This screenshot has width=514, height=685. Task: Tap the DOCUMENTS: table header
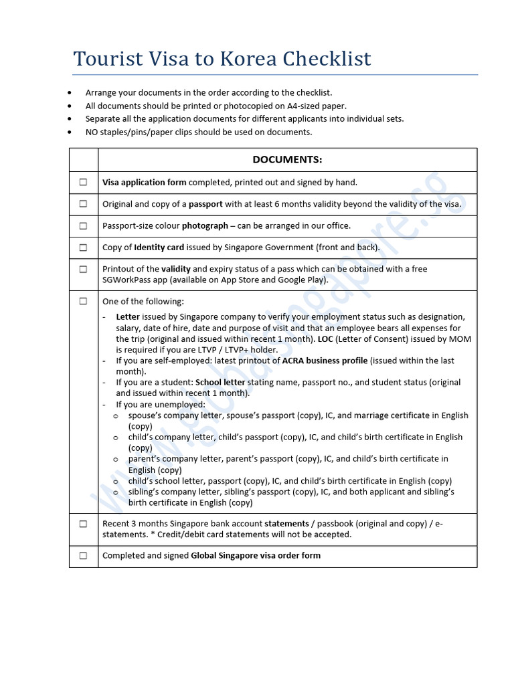287,159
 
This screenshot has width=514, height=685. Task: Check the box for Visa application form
84,182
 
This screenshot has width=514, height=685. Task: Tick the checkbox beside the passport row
84,204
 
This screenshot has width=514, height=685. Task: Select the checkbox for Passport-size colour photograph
84,225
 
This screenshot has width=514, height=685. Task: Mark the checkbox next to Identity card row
84,248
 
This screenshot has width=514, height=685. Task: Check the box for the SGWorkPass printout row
84,269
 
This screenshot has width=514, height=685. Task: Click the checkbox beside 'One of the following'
84,302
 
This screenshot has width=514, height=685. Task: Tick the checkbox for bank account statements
84,524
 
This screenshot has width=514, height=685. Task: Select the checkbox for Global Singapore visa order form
84,555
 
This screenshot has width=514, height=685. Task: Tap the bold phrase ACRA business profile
325,361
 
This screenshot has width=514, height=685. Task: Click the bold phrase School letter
220,383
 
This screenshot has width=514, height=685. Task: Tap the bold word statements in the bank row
286,524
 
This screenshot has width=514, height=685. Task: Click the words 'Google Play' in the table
303,280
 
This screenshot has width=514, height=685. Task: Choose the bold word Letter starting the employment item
128,316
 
